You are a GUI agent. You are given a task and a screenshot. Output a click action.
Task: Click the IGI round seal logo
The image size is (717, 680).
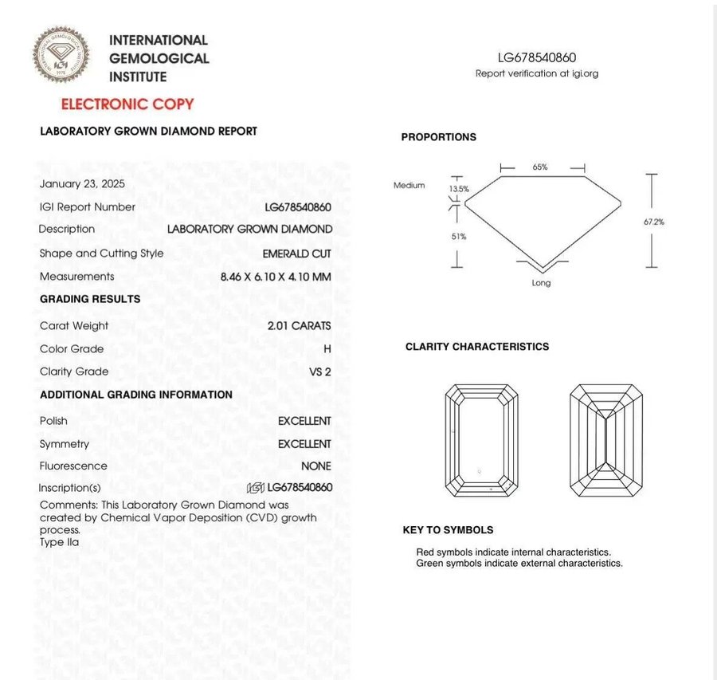(61, 54)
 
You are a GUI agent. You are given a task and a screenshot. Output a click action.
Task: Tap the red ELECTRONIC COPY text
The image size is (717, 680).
(127, 104)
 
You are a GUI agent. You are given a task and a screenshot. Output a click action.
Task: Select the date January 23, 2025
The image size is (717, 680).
(82, 183)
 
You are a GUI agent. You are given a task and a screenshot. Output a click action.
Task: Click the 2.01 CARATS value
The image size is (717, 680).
(300, 326)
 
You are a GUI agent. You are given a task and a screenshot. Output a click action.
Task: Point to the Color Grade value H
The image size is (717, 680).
(327, 349)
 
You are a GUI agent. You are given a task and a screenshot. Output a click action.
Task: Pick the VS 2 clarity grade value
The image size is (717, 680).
(319, 371)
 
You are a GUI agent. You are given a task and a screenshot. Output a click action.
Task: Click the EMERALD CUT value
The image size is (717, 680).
(296, 254)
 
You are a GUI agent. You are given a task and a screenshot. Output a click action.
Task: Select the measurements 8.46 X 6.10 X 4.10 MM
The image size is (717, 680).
(276, 277)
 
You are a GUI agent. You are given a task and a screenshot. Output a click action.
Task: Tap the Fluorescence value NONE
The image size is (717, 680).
(315, 466)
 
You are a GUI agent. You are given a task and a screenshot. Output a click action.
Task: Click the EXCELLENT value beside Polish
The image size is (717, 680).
(304, 421)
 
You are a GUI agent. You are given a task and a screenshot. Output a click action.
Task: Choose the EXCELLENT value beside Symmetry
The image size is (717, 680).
(304, 444)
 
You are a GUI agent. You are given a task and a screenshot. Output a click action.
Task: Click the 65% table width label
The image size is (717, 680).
(540, 167)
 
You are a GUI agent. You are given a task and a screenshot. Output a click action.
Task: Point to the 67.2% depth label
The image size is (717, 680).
(653, 222)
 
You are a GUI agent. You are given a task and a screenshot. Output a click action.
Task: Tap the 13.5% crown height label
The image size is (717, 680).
(459, 190)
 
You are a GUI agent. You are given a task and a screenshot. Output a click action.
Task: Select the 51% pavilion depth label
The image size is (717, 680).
(459, 237)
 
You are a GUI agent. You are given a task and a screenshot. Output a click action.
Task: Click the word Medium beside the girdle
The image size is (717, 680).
(409, 186)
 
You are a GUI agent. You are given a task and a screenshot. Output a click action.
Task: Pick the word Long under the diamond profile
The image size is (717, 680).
(541, 283)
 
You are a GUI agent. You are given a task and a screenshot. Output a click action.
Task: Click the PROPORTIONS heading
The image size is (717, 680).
(438, 137)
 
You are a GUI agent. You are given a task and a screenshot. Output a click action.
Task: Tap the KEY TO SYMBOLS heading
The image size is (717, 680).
(448, 530)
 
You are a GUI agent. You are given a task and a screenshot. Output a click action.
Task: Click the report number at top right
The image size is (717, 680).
(536, 57)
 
